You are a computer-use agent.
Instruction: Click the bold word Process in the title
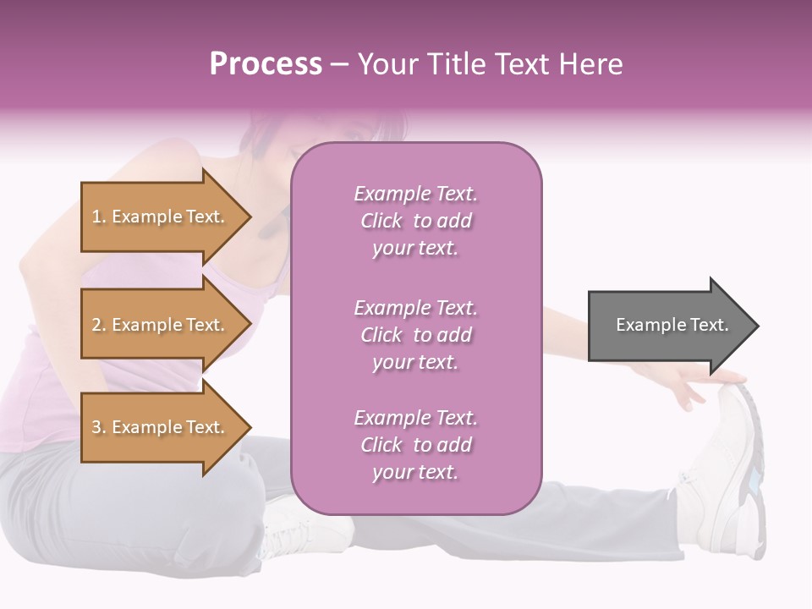(x=266, y=64)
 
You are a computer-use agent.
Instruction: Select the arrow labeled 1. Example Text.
(x=161, y=217)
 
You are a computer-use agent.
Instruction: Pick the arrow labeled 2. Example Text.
(x=161, y=325)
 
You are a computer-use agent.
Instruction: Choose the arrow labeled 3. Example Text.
(x=161, y=427)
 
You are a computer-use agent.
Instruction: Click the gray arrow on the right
(x=668, y=325)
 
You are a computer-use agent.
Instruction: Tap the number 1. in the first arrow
(x=99, y=217)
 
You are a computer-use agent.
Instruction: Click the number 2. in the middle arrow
(x=99, y=325)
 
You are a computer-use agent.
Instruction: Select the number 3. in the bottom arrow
(x=99, y=427)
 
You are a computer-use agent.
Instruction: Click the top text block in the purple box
(x=415, y=221)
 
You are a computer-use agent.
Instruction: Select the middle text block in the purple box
(x=415, y=335)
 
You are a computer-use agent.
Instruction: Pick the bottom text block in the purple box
(x=415, y=445)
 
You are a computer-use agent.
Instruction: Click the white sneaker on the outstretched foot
(x=732, y=474)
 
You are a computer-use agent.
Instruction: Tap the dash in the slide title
(x=339, y=64)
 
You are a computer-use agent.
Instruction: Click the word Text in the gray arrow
(x=710, y=325)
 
